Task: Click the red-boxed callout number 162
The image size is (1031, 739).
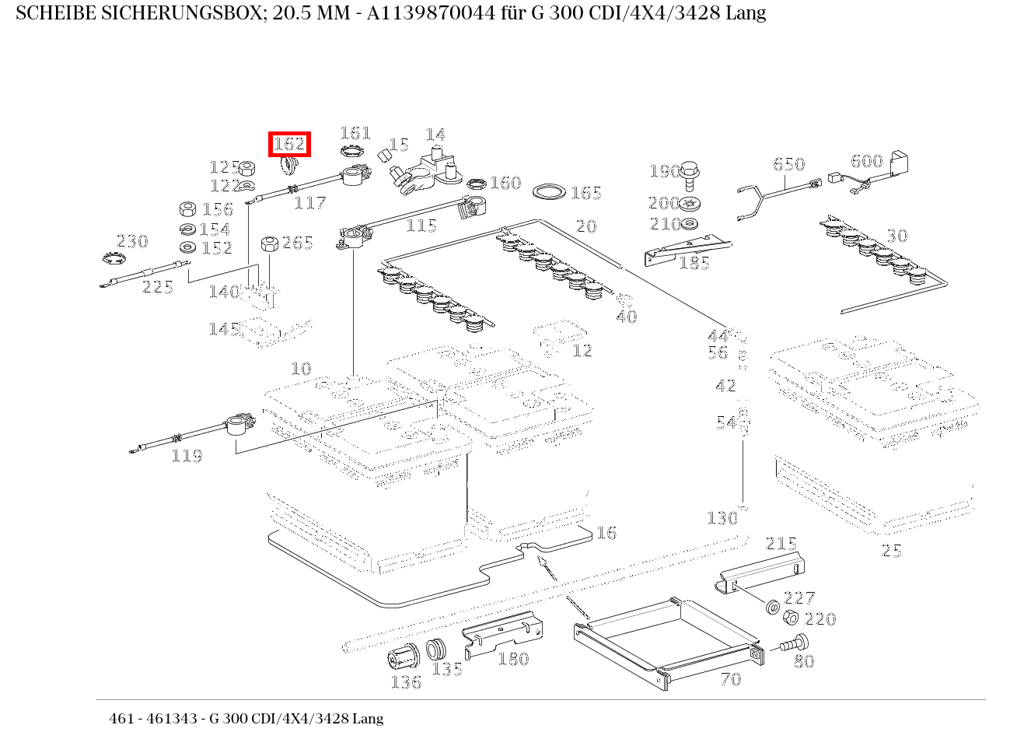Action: coord(288,144)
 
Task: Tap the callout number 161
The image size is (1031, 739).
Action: coord(355,133)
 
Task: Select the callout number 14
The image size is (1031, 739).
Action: coord(435,135)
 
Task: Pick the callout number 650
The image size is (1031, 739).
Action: coord(788,164)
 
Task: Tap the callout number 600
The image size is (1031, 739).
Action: coord(866,161)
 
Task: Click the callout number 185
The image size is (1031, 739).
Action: coord(694,263)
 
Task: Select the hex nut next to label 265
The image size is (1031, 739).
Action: coord(269,243)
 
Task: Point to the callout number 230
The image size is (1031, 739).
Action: coord(132,241)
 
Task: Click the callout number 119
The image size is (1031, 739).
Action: coord(187,456)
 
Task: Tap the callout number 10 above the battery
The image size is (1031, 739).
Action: coord(301,369)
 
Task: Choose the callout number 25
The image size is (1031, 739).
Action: coord(891,551)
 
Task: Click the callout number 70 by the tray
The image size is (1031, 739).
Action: coord(731,679)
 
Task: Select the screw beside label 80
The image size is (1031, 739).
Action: coord(792,645)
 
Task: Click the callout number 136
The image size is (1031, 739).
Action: coord(406,682)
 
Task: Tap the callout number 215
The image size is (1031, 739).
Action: coord(781,544)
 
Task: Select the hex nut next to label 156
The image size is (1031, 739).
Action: coord(187,208)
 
